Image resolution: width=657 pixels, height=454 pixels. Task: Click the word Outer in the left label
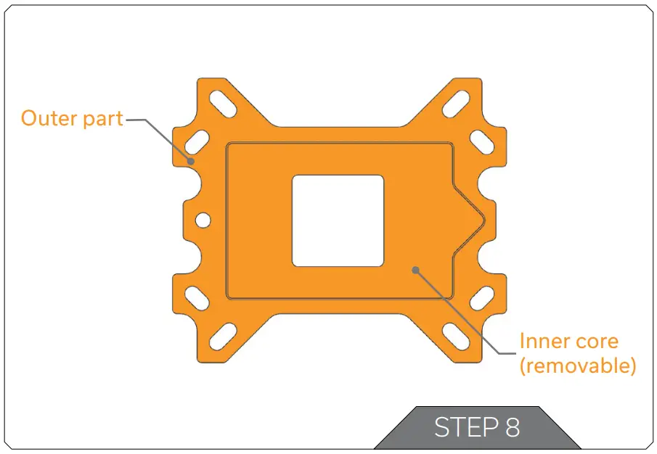(47, 118)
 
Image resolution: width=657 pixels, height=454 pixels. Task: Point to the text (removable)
(578, 365)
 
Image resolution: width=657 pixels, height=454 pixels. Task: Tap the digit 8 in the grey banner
(512, 428)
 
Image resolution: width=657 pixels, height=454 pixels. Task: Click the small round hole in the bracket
(203, 219)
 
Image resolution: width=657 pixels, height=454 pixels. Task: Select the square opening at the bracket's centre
(338, 220)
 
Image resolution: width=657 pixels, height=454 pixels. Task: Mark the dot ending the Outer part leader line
(191, 161)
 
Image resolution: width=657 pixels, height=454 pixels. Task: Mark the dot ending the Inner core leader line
(416, 270)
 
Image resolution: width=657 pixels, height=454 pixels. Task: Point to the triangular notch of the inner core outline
(472, 218)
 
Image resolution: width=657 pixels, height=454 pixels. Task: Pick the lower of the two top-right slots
(481, 141)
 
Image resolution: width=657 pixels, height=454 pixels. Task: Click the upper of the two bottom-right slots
(481, 297)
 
